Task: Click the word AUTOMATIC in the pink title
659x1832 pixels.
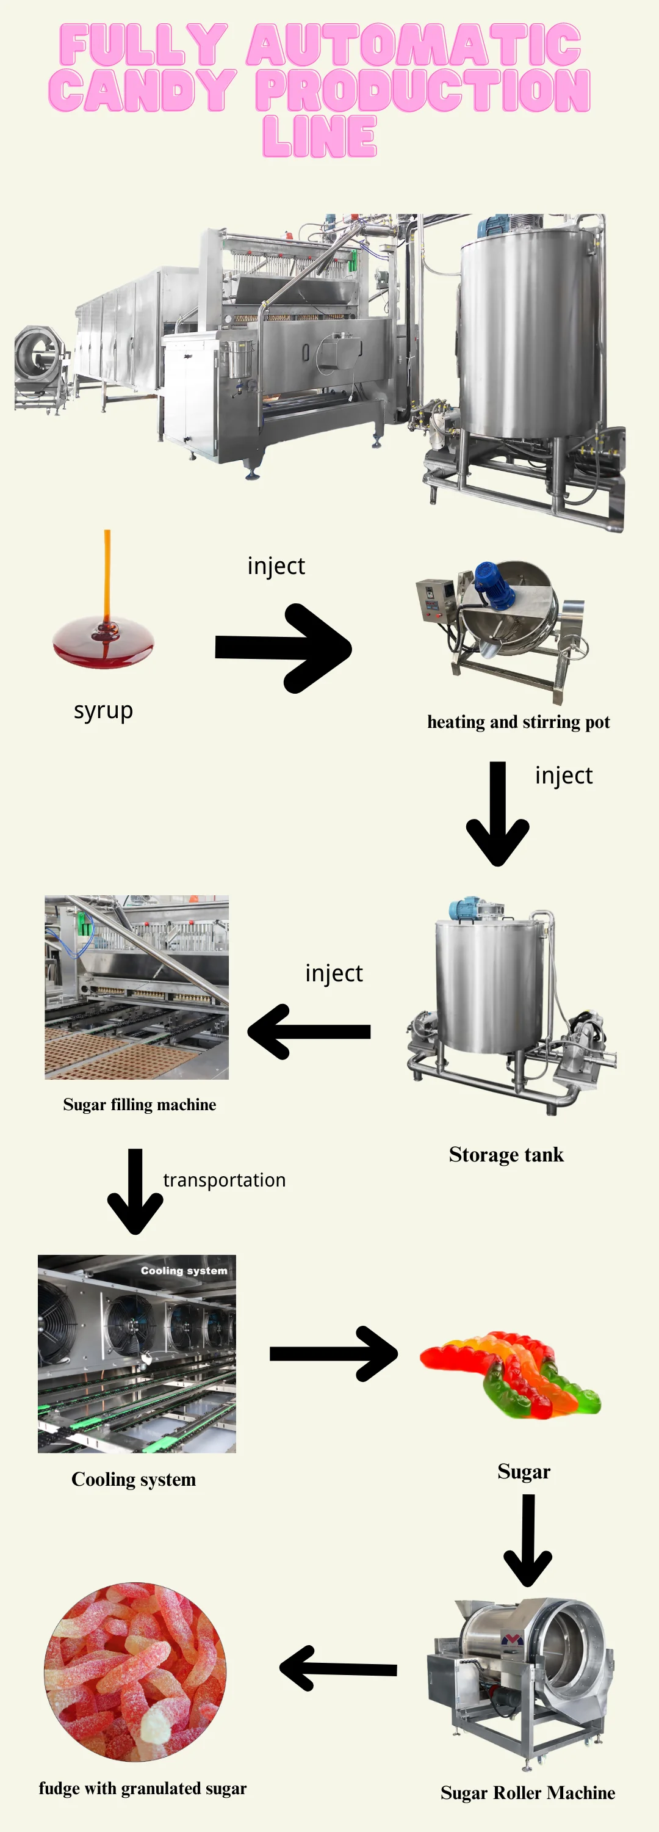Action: click(x=414, y=45)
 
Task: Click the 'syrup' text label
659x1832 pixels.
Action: click(x=104, y=710)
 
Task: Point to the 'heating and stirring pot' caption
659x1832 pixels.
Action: click(x=518, y=722)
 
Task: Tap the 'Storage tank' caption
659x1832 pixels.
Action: click(x=506, y=1155)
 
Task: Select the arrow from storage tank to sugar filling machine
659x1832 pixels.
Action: click(x=309, y=1031)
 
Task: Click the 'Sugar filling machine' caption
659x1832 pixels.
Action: click(x=139, y=1105)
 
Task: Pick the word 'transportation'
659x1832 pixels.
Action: click(x=224, y=1180)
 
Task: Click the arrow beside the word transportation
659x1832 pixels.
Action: click(x=135, y=1191)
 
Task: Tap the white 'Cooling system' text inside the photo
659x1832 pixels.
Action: click(x=184, y=1270)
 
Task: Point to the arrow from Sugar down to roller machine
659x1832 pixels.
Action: click(x=527, y=1539)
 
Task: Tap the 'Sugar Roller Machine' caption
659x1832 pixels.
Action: click(x=527, y=1793)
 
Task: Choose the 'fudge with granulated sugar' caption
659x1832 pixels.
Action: click(x=142, y=1788)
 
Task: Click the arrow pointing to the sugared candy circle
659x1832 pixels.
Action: click(x=339, y=1668)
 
